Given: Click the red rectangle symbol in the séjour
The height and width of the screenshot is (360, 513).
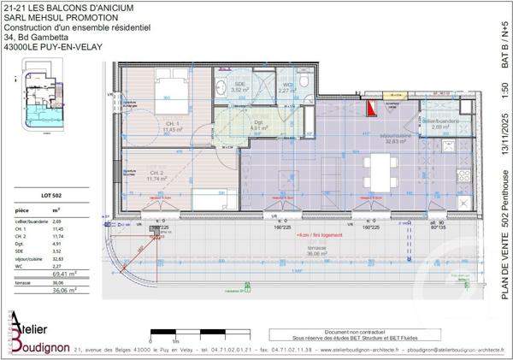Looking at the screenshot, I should point(370,108).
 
